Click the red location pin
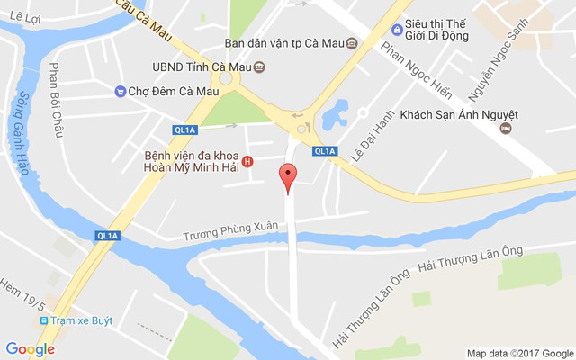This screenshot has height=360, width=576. (x=288, y=177)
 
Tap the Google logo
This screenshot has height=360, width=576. (x=30, y=349)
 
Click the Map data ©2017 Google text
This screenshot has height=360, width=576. (x=519, y=353)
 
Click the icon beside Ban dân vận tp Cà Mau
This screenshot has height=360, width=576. (x=352, y=43)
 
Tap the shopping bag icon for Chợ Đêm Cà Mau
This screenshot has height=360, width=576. (x=120, y=91)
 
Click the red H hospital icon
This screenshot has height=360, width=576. (x=248, y=162)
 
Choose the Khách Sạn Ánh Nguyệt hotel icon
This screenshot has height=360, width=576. (x=507, y=130)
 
